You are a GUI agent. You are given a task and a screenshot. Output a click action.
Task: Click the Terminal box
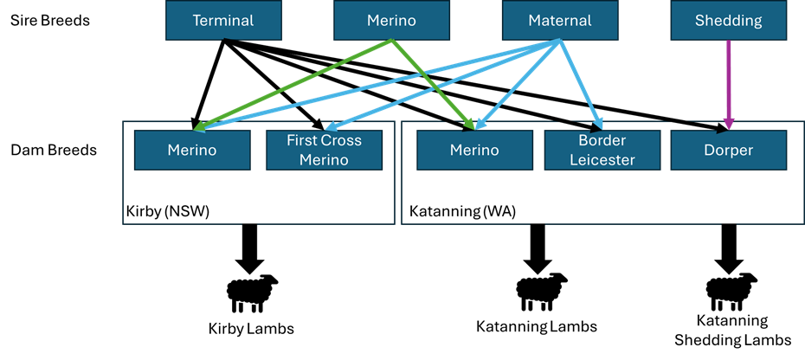[223, 20]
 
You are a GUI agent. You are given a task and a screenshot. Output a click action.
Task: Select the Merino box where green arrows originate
[391, 20]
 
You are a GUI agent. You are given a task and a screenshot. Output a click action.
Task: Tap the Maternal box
[559, 20]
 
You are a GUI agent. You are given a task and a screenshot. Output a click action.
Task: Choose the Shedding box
[728, 20]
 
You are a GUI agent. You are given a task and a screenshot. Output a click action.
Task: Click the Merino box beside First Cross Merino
[192, 150]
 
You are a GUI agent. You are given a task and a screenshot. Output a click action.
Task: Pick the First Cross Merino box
[324, 150]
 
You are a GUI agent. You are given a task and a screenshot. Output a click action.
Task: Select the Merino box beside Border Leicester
[474, 150]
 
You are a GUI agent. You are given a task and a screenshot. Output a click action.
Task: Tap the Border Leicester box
[602, 150]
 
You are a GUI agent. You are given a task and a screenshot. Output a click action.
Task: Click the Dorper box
[729, 150]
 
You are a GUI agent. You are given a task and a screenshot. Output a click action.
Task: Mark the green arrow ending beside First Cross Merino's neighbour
[294, 85]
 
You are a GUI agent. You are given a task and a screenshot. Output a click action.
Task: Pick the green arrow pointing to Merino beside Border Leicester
[433, 85]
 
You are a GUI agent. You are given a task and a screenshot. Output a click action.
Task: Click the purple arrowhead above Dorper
[728, 124]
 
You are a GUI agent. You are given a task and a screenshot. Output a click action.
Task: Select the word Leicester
[602, 159]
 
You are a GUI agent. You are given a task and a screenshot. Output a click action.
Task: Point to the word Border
[602, 140]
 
